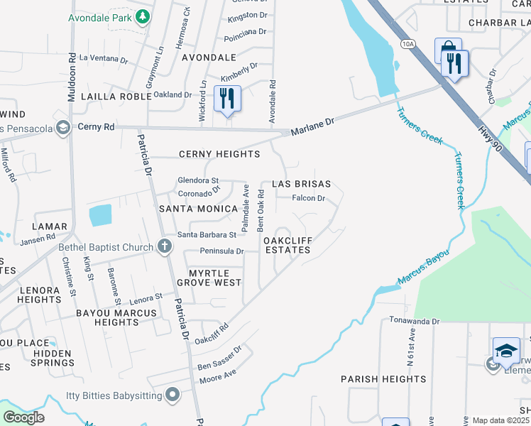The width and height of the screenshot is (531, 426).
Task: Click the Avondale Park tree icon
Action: point(143,16)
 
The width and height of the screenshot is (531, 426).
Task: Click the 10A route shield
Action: point(407,44)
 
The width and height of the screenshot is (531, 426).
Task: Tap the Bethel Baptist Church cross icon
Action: point(165,247)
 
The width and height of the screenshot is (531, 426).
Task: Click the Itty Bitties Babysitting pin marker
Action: point(173,394)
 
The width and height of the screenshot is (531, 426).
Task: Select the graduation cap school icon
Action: point(506,350)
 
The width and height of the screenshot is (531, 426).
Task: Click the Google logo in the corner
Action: point(23,417)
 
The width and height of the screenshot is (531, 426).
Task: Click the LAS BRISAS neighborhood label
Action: point(302,183)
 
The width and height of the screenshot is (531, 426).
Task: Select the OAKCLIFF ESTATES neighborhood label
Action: point(288,245)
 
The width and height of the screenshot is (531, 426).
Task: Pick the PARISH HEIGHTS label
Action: point(383,379)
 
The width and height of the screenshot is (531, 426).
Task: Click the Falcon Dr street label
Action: point(309,199)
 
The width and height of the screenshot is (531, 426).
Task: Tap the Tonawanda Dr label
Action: point(415,321)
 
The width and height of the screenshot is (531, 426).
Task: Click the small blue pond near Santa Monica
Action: point(100,215)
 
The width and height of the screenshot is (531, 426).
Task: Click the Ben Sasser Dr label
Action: point(219,357)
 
